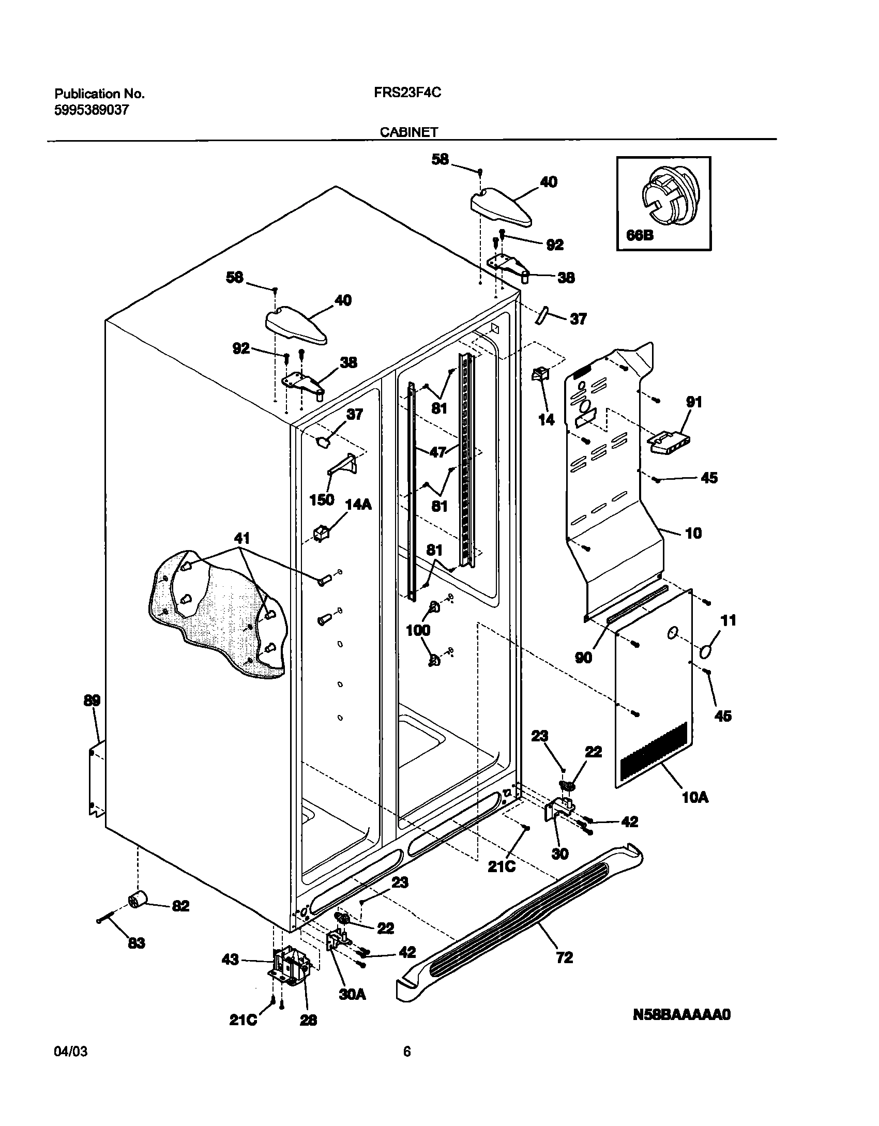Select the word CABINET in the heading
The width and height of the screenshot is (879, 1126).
tap(409, 132)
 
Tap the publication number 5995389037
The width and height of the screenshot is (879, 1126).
tap(92, 110)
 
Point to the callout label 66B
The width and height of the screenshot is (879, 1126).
tap(640, 235)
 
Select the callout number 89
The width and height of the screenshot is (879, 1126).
tap(92, 701)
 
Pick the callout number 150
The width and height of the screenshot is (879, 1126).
tap(322, 500)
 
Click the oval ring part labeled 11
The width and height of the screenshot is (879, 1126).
tap(707, 652)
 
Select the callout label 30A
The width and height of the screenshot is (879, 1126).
tap(352, 994)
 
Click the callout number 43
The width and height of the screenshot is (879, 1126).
tap(230, 960)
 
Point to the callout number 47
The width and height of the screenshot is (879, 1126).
tap(438, 452)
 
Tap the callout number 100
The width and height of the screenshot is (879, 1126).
tap(418, 630)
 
